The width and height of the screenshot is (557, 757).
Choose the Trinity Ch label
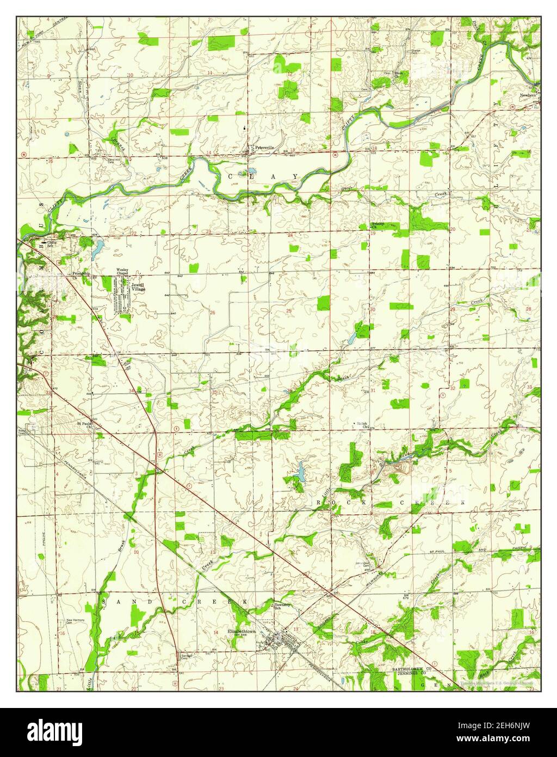377,225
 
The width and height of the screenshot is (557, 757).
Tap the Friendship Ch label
82,274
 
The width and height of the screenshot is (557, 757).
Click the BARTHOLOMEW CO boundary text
411,668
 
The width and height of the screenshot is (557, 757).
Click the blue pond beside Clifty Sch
97,251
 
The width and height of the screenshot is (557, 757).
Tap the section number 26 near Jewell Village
213,313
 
